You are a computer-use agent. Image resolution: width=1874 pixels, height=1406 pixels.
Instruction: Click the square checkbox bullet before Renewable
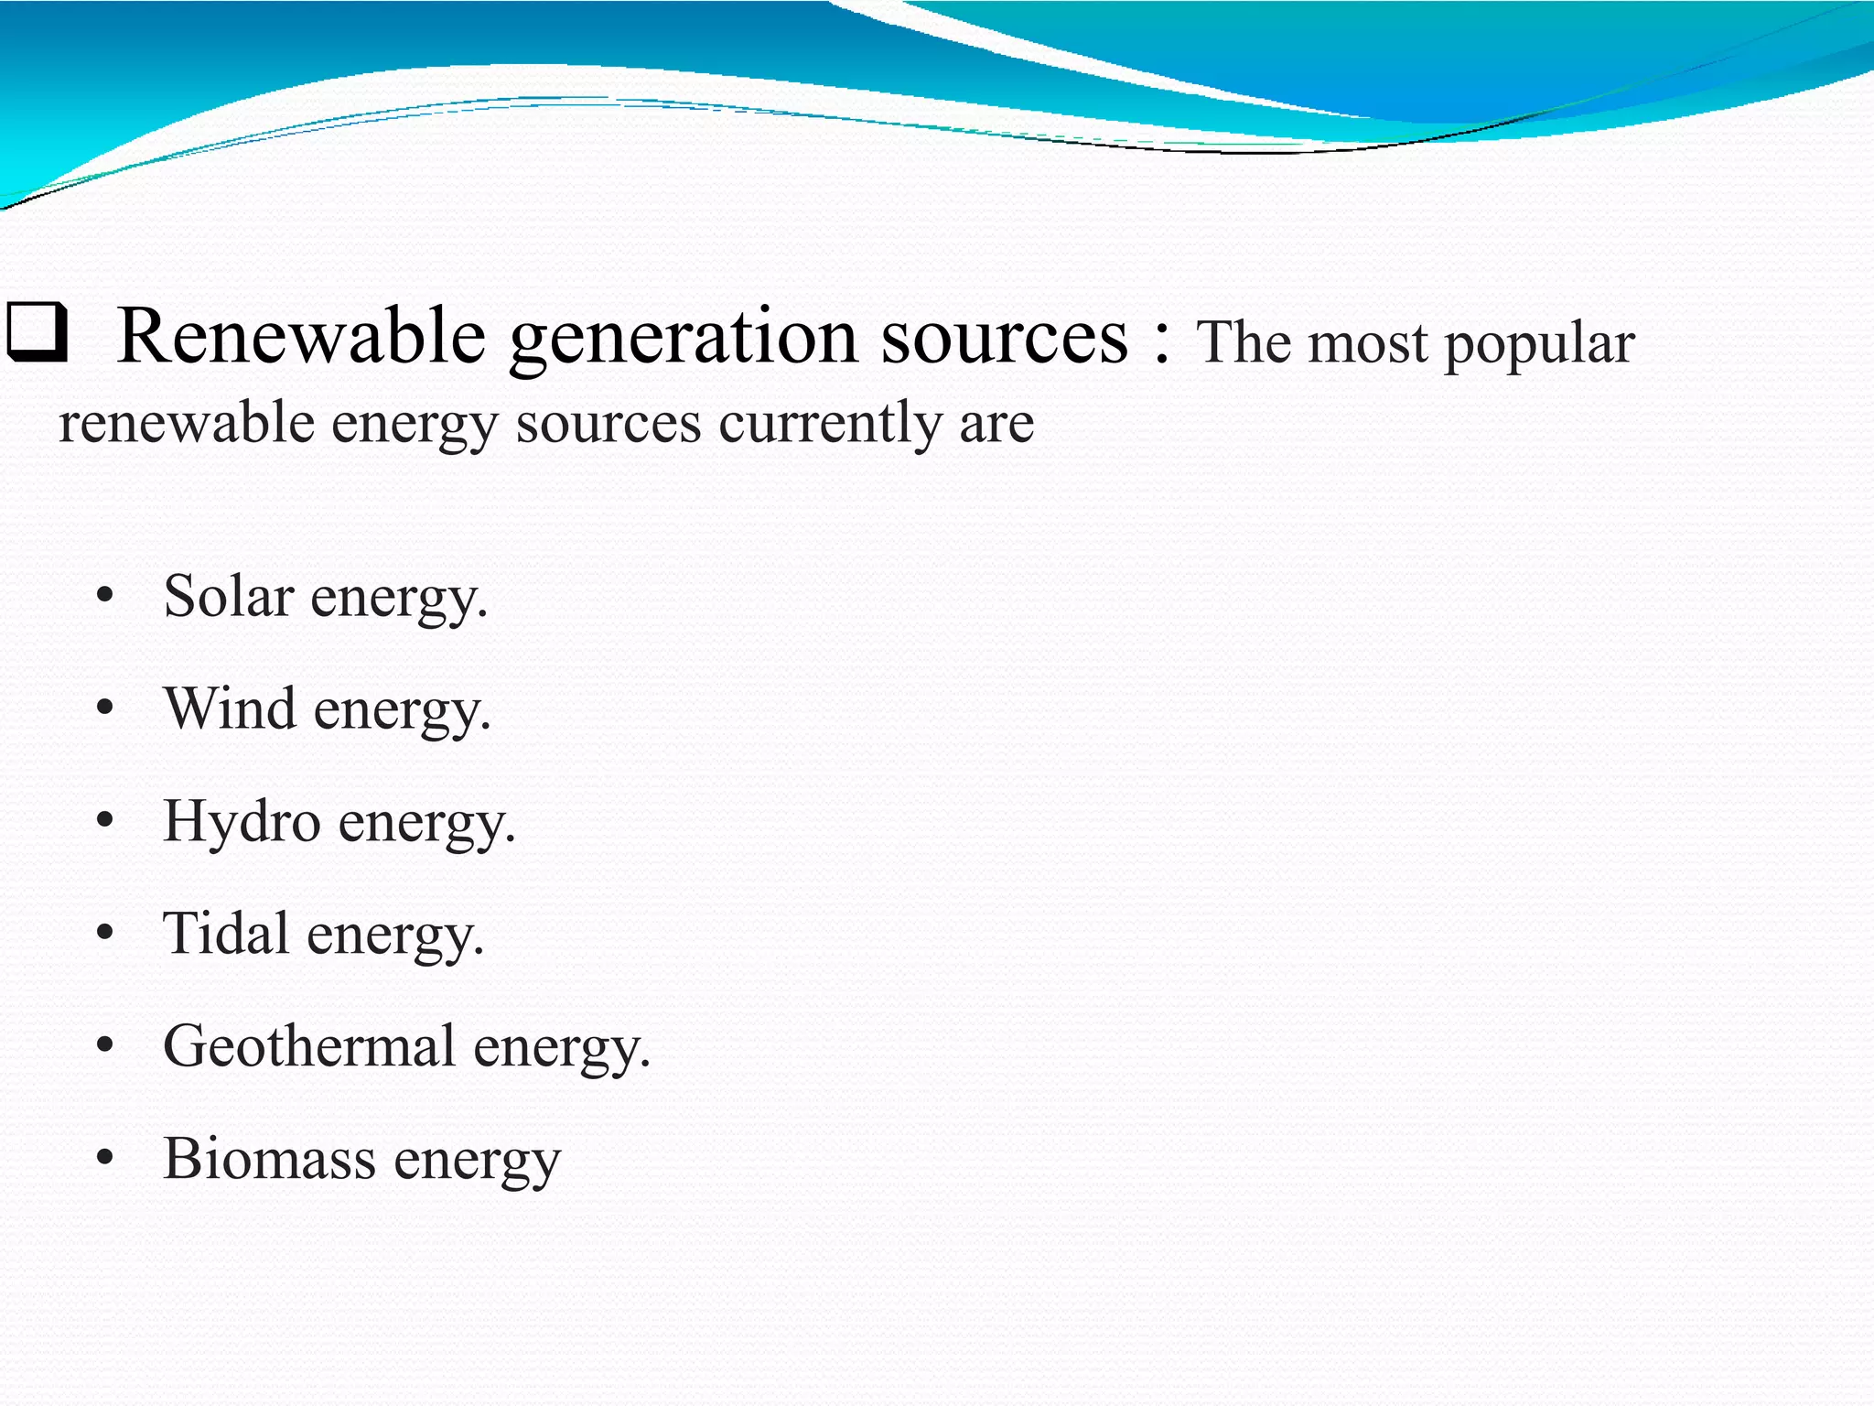pyautogui.click(x=37, y=334)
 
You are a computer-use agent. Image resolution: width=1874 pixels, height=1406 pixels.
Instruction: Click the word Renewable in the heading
pyautogui.click(x=301, y=336)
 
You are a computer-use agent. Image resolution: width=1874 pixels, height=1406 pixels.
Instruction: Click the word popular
pyautogui.click(x=1539, y=346)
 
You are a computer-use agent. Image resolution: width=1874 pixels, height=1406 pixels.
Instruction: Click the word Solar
pyautogui.click(x=229, y=596)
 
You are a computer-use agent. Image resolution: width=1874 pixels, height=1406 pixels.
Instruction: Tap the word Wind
pyautogui.click(x=231, y=708)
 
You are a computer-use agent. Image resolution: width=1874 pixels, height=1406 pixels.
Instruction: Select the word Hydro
pyautogui.click(x=242, y=821)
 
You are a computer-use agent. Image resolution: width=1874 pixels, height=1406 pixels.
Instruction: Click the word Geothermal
pyautogui.click(x=309, y=1045)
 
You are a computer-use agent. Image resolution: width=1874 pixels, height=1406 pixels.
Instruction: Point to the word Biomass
pyautogui.click(x=270, y=1158)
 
